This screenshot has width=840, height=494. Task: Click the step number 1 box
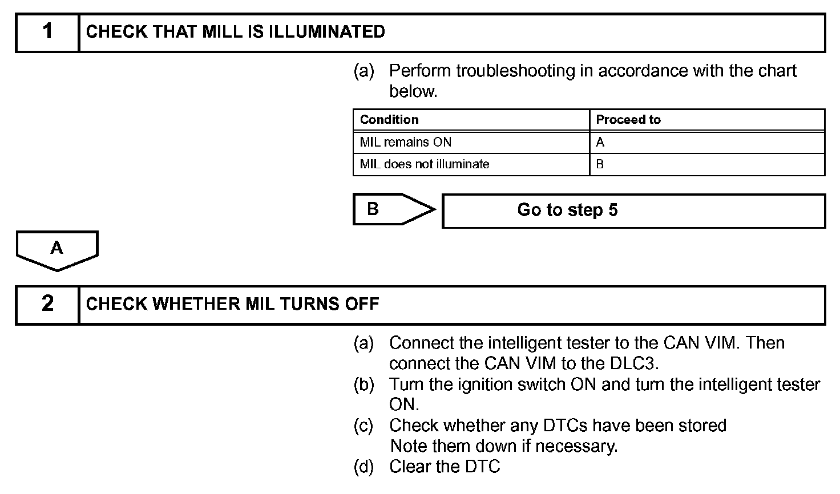[47, 32]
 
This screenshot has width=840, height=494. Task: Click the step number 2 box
[47, 304]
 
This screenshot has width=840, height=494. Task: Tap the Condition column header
[389, 120]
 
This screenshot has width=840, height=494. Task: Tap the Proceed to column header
[628, 120]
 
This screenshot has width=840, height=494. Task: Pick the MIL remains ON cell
[406, 142]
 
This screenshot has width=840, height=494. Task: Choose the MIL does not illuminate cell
[425, 164]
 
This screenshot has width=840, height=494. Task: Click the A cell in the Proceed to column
[600, 142]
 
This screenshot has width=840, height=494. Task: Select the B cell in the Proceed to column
[600, 164]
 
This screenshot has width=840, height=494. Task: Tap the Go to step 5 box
[633, 210]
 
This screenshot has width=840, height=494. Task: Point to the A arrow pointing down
[57, 250]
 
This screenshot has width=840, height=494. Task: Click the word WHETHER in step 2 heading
[196, 304]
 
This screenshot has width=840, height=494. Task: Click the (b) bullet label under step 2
[364, 384]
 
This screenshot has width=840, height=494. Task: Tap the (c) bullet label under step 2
[364, 426]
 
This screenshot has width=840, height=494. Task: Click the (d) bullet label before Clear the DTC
[364, 467]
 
